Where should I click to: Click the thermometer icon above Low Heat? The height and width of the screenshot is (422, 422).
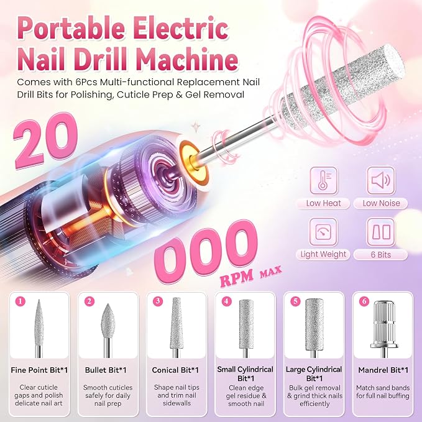click(323, 180)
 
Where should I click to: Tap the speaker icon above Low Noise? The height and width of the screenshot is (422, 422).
click(381, 180)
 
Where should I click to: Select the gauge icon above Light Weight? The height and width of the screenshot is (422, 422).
click(323, 232)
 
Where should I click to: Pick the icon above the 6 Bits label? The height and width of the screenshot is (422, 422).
click(381, 232)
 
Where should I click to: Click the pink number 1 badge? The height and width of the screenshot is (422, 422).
click(20, 301)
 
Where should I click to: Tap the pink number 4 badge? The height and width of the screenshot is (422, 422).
click(226, 301)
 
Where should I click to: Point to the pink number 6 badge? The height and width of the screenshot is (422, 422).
click(364, 301)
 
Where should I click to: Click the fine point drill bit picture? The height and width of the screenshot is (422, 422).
click(39, 328)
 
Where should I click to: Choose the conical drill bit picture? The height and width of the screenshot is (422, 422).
click(177, 328)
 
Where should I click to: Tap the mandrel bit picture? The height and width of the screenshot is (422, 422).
click(384, 329)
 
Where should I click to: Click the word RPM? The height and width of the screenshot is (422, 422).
click(237, 277)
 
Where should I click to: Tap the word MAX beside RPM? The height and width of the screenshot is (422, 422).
click(270, 272)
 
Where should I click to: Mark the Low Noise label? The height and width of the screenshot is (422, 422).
click(381, 203)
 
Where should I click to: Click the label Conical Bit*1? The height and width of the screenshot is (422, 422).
click(175, 370)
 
